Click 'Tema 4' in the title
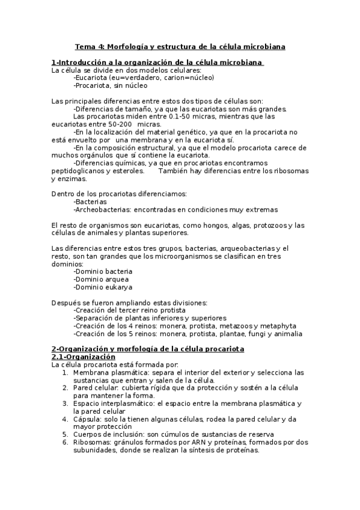click(88, 46)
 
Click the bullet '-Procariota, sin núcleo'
click(110, 85)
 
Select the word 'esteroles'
click(127, 171)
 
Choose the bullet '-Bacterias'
click(90, 202)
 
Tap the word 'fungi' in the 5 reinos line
click(255, 334)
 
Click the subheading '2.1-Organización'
click(83, 357)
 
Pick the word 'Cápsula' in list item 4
click(87, 419)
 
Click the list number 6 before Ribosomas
click(66, 443)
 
